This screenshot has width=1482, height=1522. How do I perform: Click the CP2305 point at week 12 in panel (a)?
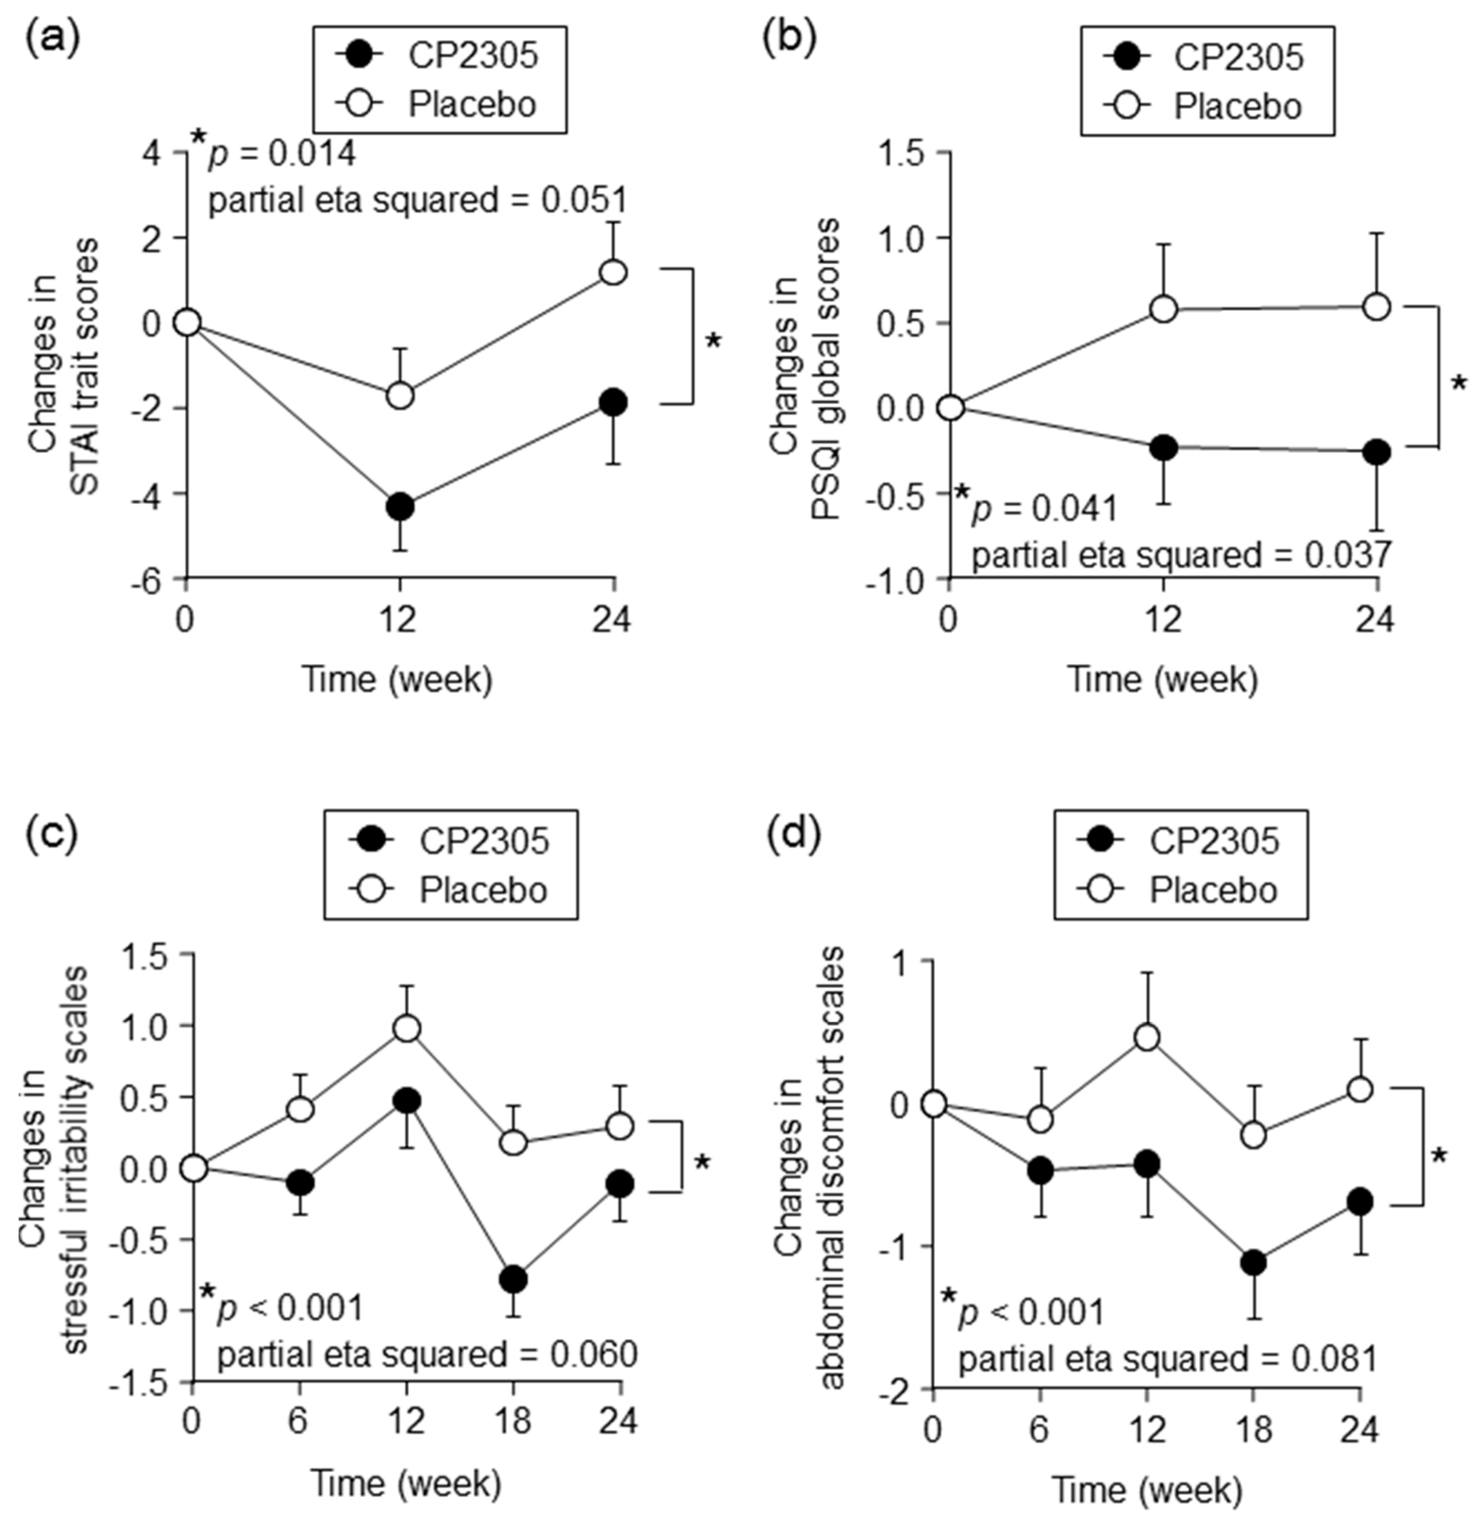(399, 506)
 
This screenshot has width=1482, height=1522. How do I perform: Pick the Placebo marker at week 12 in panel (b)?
(1163, 309)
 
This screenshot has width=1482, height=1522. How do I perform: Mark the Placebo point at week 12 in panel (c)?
(406, 1028)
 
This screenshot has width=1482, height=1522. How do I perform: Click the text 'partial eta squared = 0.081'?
(1168, 1360)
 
